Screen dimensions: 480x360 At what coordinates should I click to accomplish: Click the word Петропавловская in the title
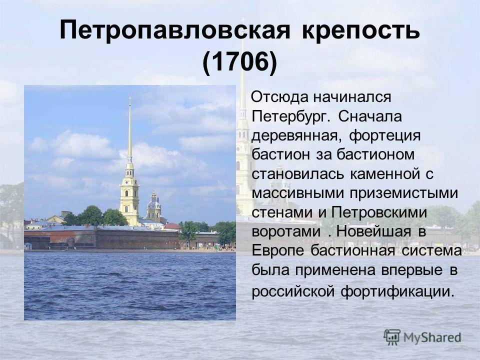[x=175, y=30]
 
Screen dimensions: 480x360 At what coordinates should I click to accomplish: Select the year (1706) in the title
[x=239, y=62]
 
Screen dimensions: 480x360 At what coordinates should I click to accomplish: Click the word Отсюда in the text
[x=279, y=97]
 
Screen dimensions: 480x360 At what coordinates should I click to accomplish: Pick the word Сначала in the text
[x=370, y=116]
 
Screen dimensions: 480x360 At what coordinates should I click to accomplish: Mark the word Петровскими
[x=378, y=212]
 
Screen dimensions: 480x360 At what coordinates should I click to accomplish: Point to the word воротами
[x=286, y=231]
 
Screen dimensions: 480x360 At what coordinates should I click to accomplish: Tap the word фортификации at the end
[x=396, y=291]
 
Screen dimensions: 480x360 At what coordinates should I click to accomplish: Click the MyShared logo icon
[x=392, y=337]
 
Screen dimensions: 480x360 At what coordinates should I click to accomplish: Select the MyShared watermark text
[x=432, y=337]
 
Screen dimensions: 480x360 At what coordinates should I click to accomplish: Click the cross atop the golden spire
[x=130, y=99]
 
